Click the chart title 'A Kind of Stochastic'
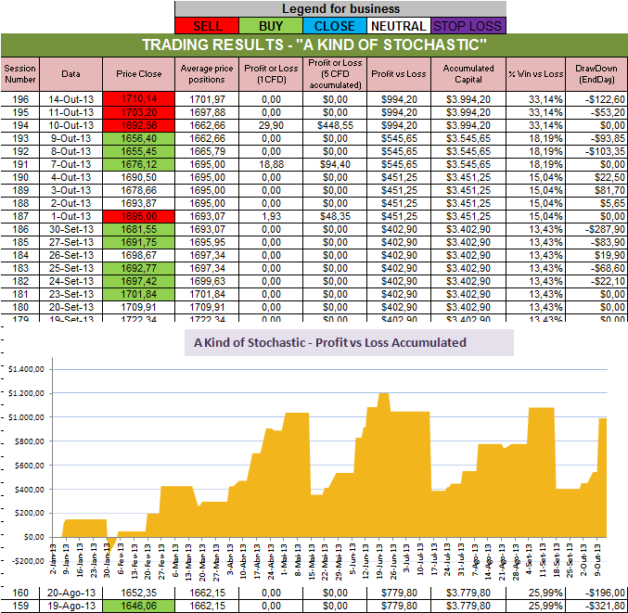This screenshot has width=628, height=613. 329,342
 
